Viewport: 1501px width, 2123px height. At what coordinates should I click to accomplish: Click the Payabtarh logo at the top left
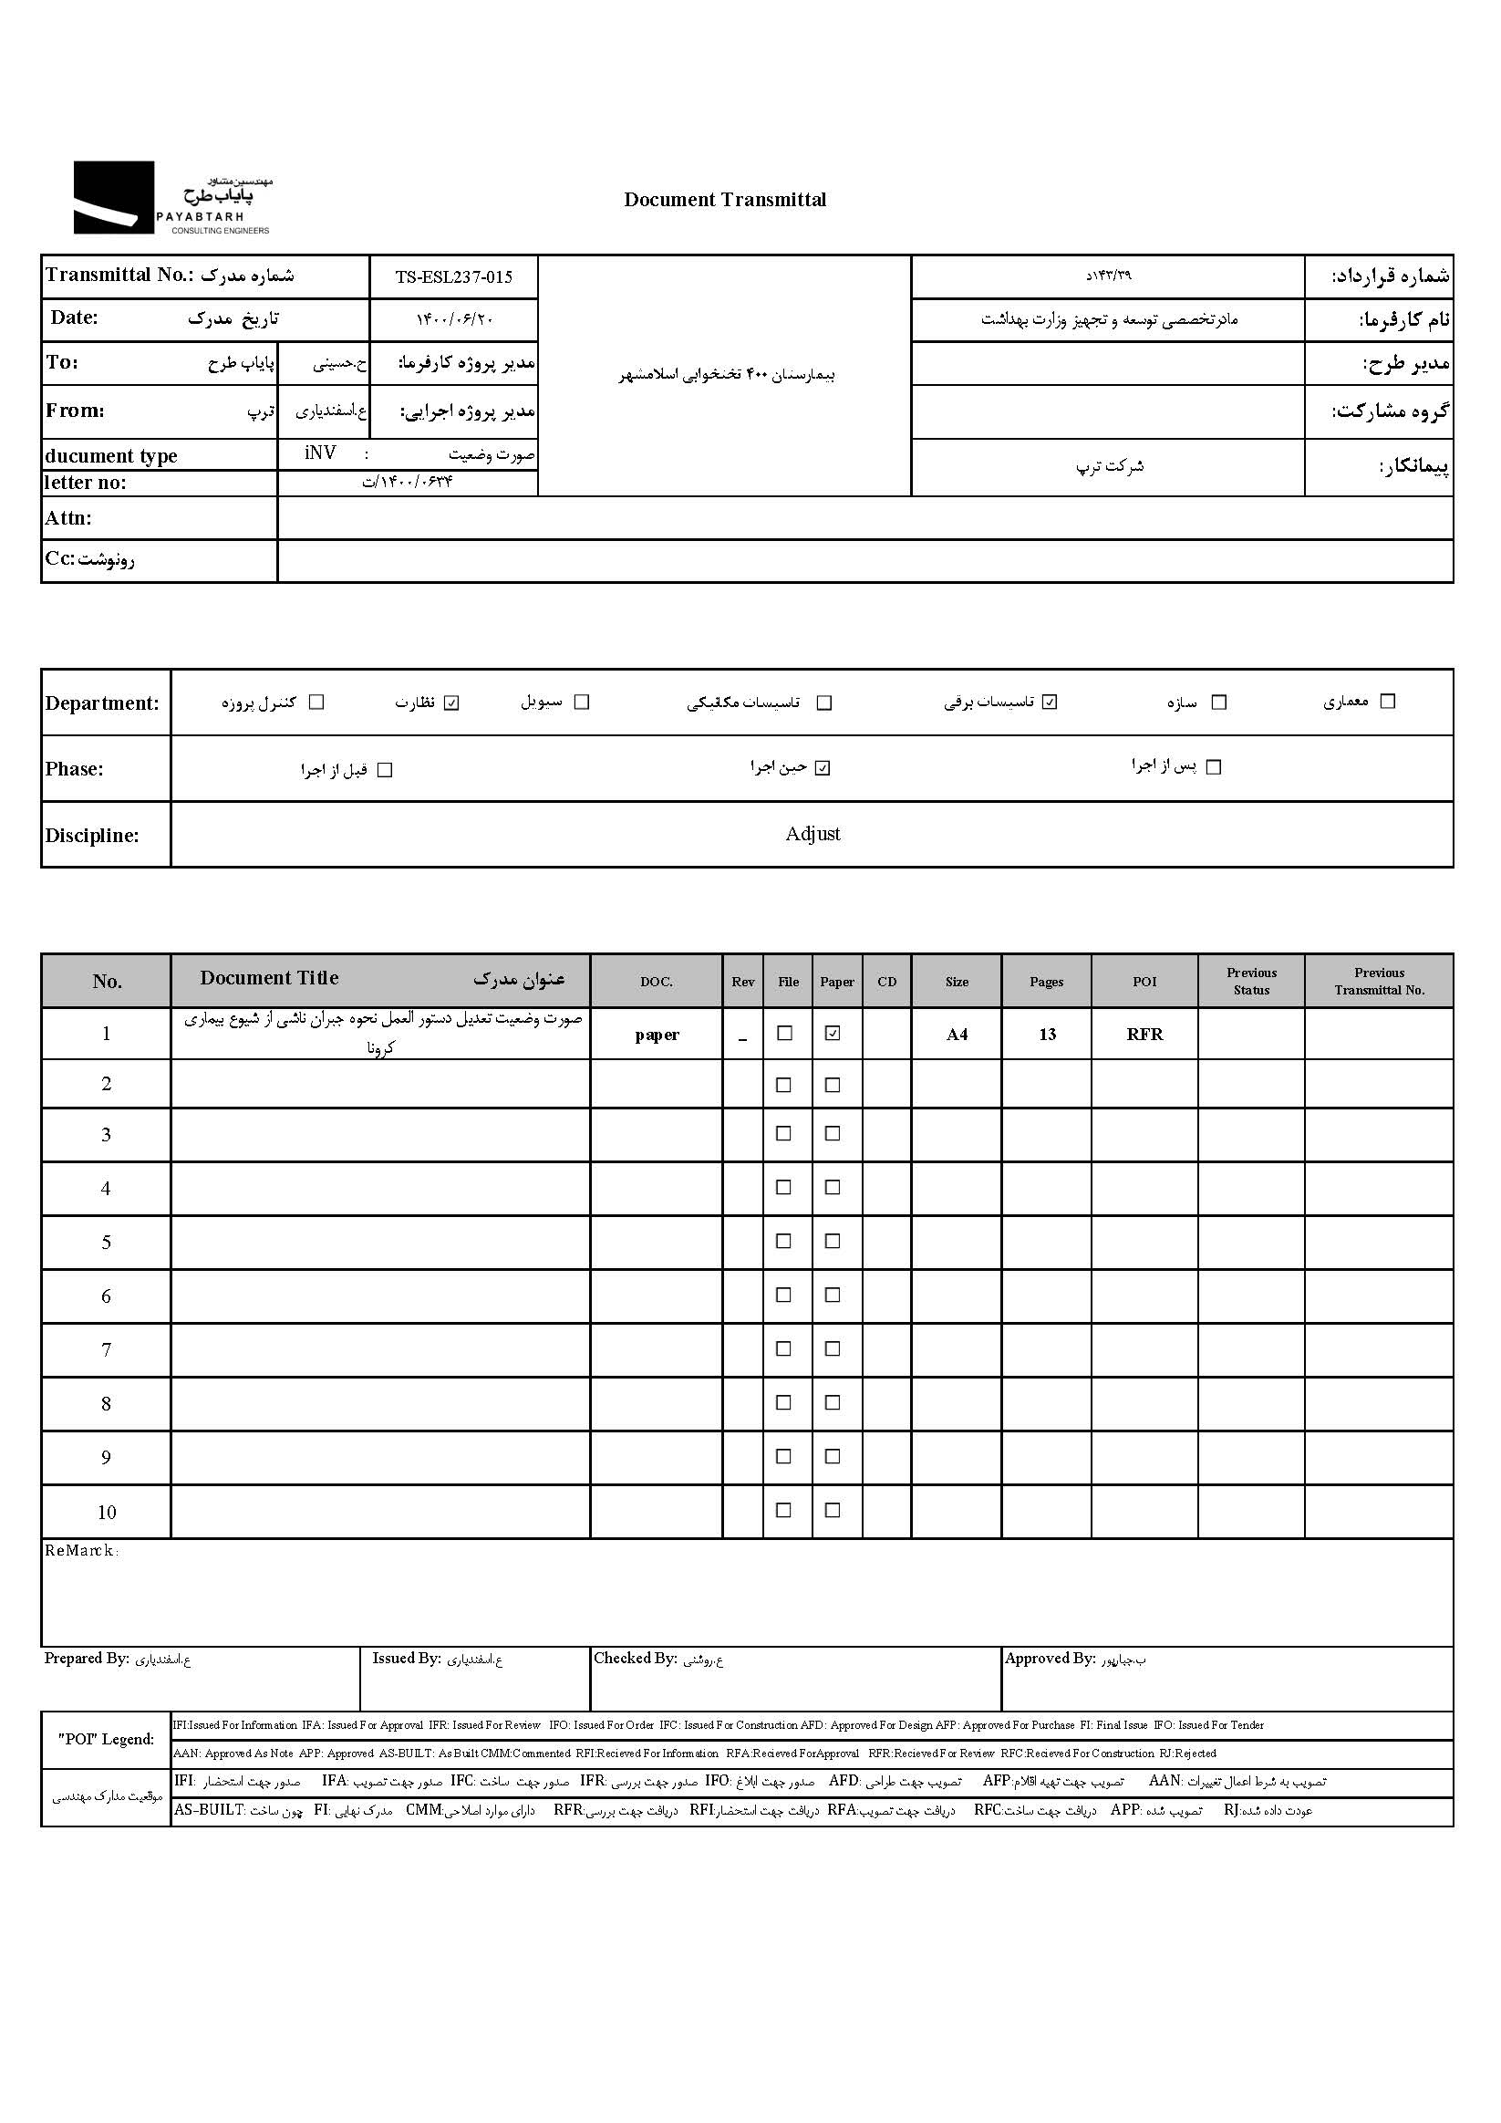(172, 198)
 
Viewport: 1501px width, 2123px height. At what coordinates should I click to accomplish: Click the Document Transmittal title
(725, 200)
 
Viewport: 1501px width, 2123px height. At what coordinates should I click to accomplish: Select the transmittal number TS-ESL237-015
(453, 277)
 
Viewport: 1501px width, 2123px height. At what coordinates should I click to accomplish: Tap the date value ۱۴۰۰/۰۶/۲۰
(454, 320)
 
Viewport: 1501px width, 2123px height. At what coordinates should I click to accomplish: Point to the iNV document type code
(320, 453)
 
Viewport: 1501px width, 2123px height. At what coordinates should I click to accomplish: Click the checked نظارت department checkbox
(451, 702)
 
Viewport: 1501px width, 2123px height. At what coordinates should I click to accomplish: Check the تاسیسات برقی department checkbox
(1049, 702)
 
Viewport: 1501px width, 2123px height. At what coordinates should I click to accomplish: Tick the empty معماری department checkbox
(1387, 702)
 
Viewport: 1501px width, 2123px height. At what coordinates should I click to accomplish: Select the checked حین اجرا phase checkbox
(823, 768)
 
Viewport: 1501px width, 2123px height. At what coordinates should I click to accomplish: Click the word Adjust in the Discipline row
(813, 834)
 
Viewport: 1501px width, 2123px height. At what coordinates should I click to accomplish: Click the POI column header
(1144, 982)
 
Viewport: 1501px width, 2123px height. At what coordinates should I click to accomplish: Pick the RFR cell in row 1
(1144, 1035)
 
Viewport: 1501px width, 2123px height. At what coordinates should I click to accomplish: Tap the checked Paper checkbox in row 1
(833, 1034)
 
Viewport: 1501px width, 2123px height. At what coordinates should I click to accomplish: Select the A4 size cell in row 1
(957, 1035)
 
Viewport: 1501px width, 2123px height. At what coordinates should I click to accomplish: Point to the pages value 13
(1046, 1035)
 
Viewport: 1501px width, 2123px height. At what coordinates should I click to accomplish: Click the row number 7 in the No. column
(107, 1350)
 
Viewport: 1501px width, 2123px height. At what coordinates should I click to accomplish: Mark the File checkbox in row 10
(783, 1510)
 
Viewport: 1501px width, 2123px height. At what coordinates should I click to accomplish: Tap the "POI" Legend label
(107, 1739)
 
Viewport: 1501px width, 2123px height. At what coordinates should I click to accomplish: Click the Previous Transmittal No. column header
(1379, 981)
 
